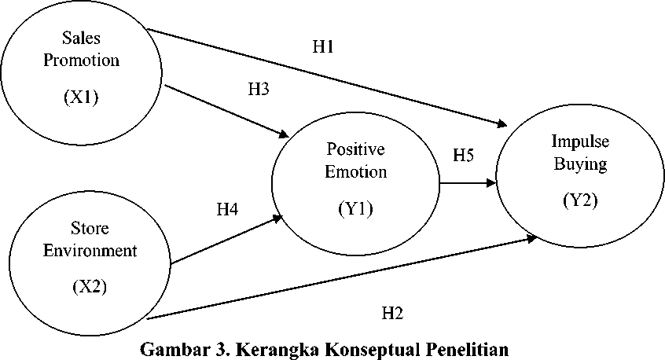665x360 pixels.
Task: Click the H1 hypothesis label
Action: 324,47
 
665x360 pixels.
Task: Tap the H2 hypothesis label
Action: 392,314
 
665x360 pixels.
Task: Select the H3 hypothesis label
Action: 259,89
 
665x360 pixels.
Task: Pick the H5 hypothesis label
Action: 463,155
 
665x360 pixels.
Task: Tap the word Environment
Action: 91,251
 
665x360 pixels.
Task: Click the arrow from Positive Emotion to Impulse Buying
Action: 468,182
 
